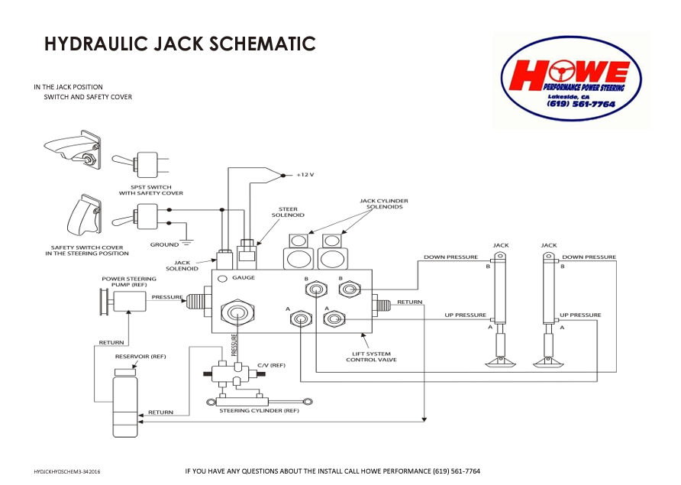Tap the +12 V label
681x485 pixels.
pos(305,175)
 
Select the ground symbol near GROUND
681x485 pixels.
pos(187,243)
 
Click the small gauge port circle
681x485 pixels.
pos(222,279)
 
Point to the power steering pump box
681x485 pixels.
pos(130,301)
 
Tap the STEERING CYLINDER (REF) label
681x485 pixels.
pos(260,411)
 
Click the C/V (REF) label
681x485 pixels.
pos(272,365)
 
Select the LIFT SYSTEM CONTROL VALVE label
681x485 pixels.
pos(371,357)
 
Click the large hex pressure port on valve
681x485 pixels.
pos(237,312)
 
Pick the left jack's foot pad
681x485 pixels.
pos(501,363)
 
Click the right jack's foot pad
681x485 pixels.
pos(549,363)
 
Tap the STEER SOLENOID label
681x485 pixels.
pos(288,212)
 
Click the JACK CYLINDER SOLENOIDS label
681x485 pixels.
pos(384,204)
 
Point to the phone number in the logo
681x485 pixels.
pos(581,104)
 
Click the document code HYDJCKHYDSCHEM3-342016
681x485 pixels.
pos(67,471)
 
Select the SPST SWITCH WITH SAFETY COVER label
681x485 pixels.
pos(151,190)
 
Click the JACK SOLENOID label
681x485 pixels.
pos(182,266)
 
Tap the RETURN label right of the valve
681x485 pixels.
pos(409,302)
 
